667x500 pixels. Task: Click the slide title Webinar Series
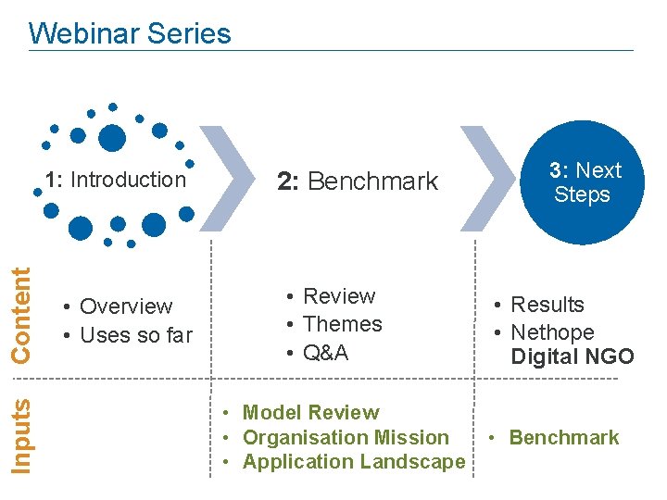(130, 34)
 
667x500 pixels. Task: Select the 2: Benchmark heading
(358, 181)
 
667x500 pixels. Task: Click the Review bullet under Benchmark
(338, 296)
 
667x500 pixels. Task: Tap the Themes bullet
(342, 324)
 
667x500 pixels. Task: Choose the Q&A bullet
(325, 353)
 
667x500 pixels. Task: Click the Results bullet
(547, 305)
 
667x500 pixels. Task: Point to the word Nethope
(552, 332)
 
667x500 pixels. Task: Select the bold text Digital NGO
(573, 356)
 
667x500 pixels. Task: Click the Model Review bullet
(310, 413)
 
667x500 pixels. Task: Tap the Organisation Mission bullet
(345, 437)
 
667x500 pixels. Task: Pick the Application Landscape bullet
(353, 461)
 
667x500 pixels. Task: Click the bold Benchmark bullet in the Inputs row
(563, 437)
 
